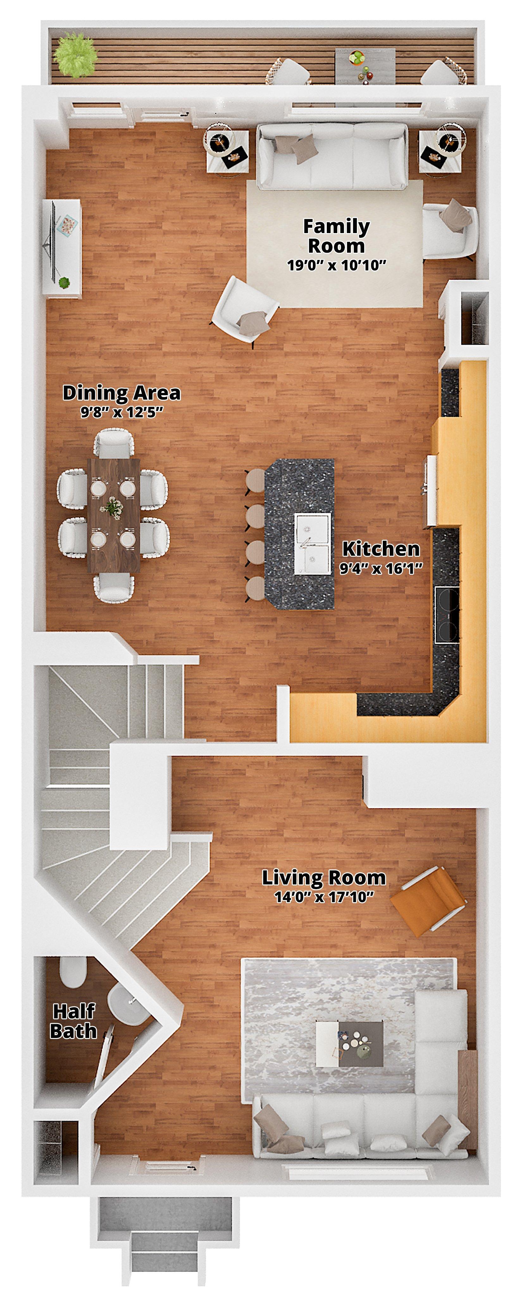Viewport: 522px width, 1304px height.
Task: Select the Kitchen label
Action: tap(381, 549)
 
